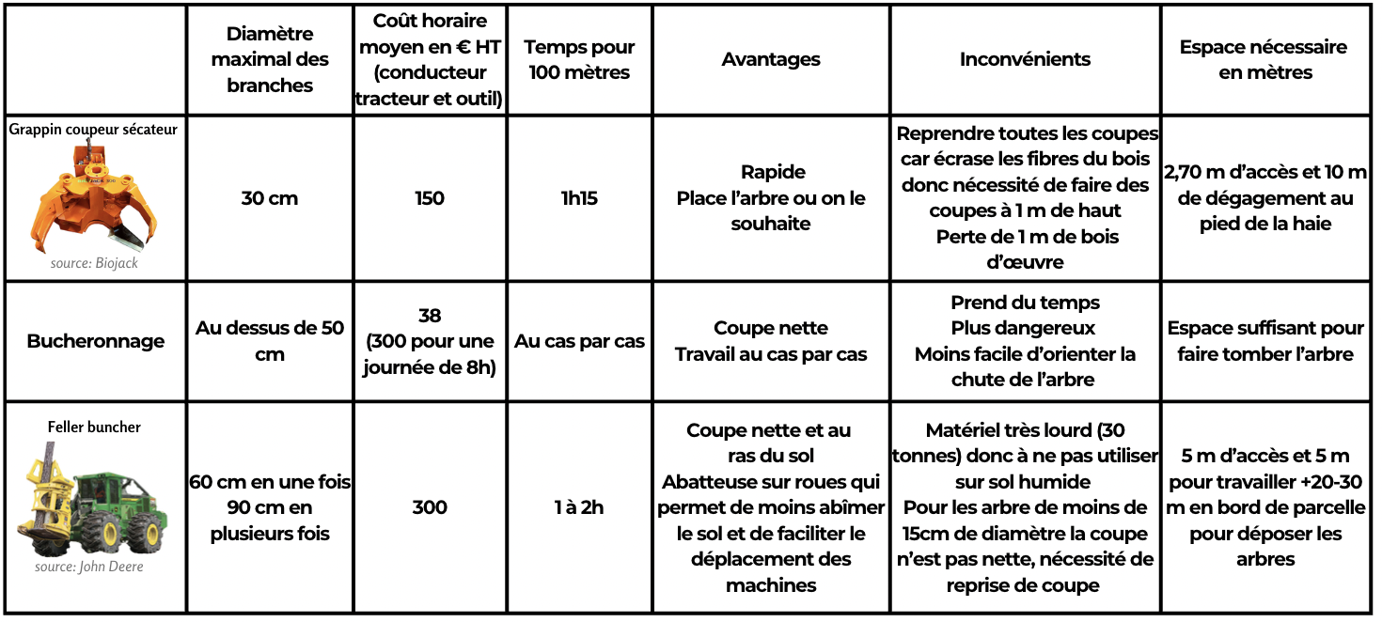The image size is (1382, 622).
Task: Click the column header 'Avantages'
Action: coord(770,59)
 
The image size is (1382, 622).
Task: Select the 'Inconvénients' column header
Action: coord(1025,59)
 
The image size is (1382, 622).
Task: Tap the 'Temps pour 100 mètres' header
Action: coord(579,59)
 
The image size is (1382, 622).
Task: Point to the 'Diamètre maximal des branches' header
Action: coord(270,59)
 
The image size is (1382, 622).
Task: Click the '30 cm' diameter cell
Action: coord(270,198)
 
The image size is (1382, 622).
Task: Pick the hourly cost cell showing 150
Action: coord(430,198)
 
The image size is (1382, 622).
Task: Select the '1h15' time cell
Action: coord(579,198)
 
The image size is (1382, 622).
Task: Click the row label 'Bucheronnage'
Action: coord(95,341)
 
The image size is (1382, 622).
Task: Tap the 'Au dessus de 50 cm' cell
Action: coord(270,341)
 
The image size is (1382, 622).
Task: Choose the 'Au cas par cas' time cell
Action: coord(579,341)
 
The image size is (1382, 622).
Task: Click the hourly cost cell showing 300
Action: coord(430,507)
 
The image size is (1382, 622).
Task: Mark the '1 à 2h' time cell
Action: coord(579,507)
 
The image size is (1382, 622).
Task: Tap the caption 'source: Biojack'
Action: coord(94,263)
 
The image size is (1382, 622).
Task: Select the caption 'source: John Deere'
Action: coord(89,567)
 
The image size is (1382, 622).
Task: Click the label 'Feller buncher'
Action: coord(94,428)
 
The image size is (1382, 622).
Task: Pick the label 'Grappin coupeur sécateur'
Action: coord(93,130)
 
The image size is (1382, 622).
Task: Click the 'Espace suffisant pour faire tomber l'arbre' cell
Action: coord(1264,341)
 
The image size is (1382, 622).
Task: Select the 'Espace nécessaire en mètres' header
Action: coord(1264,59)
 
